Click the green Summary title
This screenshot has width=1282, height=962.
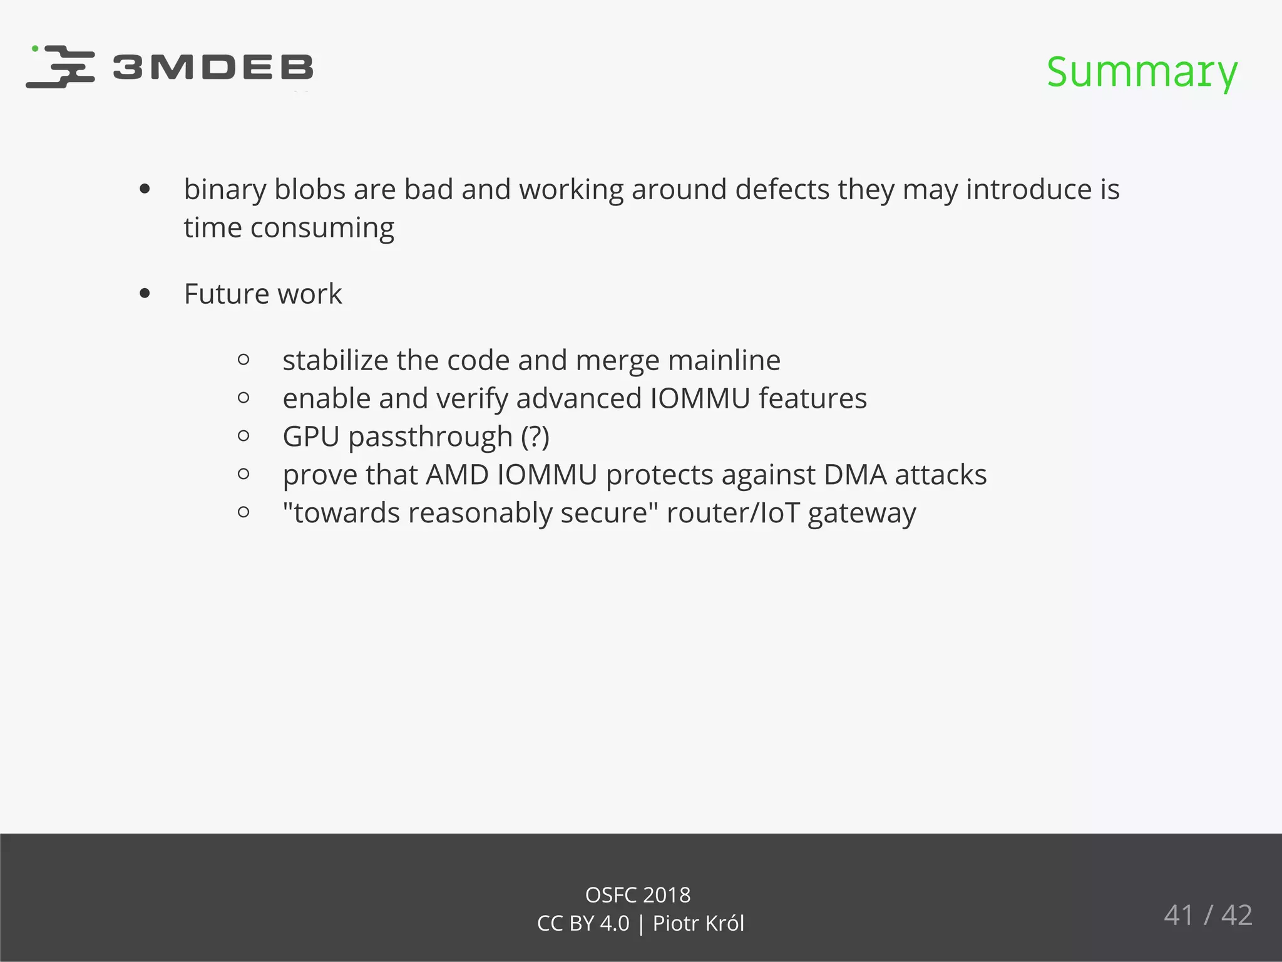(x=1142, y=71)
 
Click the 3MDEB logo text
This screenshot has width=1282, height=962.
(x=213, y=68)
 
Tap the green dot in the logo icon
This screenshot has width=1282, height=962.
(x=35, y=48)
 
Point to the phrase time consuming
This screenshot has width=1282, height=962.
(x=289, y=228)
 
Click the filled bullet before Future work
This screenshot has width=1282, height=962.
(x=145, y=294)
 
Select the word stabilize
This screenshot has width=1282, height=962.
(x=335, y=360)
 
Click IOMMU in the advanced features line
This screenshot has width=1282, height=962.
(x=700, y=398)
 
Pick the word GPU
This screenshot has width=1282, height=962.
(x=310, y=437)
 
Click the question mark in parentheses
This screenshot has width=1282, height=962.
(x=536, y=437)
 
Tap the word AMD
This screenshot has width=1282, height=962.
(x=457, y=475)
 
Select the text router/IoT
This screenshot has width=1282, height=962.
(x=733, y=513)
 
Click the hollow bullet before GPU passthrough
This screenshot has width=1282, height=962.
(x=244, y=436)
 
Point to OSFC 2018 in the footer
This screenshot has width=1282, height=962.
(x=637, y=895)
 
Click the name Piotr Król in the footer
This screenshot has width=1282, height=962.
(x=698, y=924)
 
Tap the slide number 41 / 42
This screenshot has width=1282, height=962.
(x=1208, y=915)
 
